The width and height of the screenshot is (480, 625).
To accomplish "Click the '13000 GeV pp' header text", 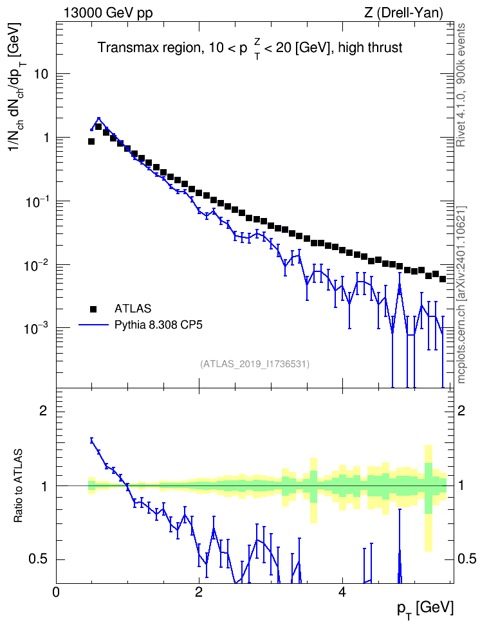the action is (x=107, y=14).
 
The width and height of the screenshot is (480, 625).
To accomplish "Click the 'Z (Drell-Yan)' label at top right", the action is (x=403, y=14).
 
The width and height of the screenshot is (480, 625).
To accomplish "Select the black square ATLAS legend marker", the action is (x=93, y=309).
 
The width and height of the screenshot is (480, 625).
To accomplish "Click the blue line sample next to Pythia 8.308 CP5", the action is (x=93, y=325).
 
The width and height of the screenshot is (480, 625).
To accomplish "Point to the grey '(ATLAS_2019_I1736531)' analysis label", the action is (x=255, y=364).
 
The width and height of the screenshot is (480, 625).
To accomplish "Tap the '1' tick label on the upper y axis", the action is (x=45, y=138).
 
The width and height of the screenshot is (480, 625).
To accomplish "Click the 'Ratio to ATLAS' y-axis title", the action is (x=19, y=485).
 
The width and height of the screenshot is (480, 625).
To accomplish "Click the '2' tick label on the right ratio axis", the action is (x=461, y=410).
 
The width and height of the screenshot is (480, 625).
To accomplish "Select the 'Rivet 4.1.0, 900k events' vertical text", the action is (x=461, y=85).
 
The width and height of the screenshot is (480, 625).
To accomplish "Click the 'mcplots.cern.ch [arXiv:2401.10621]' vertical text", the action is (x=461, y=294).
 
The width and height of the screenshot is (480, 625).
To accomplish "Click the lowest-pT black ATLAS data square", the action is (x=91, y=141).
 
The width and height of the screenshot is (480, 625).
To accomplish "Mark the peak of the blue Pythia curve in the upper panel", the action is (x=98, y=118).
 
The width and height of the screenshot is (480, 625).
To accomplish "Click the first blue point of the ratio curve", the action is (x=91, y=440).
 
